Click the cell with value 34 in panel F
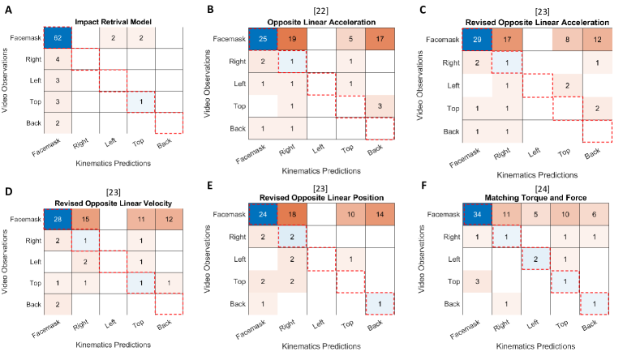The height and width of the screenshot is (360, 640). pyautogui.click(x=492, y=216)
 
